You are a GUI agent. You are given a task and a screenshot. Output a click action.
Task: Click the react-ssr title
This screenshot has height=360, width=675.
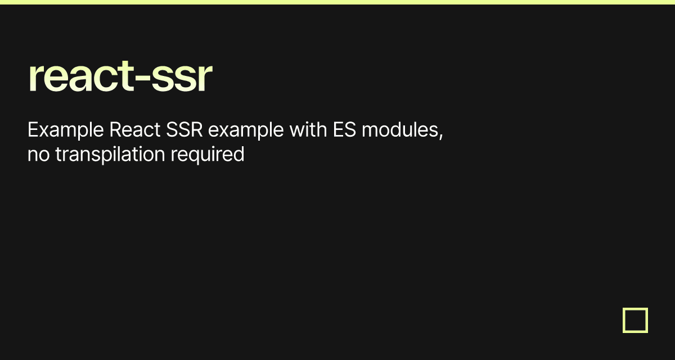(120, 76)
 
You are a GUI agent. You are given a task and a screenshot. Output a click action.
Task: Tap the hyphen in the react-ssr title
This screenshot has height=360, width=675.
(142, 78)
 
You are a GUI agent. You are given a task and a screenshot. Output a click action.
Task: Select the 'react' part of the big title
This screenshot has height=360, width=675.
(81, 76)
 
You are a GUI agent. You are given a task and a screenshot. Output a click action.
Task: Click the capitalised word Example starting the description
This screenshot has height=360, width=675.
(66, 130)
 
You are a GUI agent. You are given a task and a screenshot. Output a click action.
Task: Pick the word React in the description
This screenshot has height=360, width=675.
(134, 129)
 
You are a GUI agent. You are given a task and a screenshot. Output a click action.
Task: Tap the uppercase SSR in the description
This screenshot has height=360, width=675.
(184, 129)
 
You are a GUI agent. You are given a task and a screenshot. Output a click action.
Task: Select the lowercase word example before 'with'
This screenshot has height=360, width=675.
(246, 130)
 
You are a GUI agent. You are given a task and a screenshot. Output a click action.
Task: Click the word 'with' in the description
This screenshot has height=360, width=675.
(308, 129)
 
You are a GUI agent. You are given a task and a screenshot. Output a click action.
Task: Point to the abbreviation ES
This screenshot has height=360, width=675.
(344, 129)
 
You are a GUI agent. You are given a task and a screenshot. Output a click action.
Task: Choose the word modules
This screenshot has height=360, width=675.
(400, 129)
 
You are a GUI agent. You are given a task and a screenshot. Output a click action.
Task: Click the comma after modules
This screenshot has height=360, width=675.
(441, 136)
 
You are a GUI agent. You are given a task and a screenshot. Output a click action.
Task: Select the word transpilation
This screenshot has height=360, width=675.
(110, 155)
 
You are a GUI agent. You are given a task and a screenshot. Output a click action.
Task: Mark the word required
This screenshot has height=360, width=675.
(208, 155)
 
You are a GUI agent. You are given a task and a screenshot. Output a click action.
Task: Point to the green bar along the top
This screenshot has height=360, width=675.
(337, 2)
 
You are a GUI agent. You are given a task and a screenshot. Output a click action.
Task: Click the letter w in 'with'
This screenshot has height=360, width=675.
(298, 132)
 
